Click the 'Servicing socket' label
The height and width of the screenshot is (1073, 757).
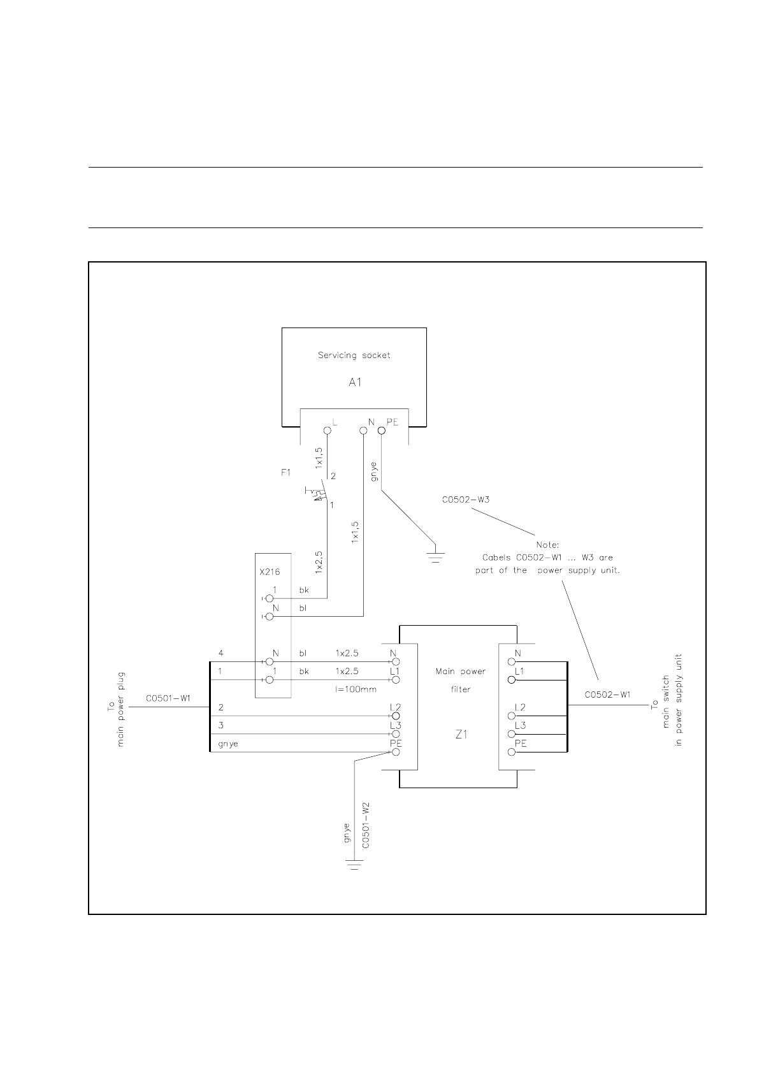pos(354,356)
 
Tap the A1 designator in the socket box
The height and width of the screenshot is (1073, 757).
pos(355,382)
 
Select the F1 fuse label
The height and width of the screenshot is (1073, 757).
pos(285,473)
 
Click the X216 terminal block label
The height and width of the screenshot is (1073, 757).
pos(270,572)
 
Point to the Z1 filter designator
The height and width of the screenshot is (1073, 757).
pos(461,734)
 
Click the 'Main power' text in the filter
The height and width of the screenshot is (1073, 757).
pos(460,672)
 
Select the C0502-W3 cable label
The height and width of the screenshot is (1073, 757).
pos(465,500)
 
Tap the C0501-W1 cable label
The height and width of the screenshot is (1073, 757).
pos(168,698)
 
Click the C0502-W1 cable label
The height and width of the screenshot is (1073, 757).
pos(607,695)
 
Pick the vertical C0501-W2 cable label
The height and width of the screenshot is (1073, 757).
pos(366,825)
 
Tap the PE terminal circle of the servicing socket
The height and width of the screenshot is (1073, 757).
pos(382,430)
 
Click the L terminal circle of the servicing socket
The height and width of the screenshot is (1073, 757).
pos(328,430)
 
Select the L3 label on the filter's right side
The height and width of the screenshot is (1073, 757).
pos(520,726)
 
